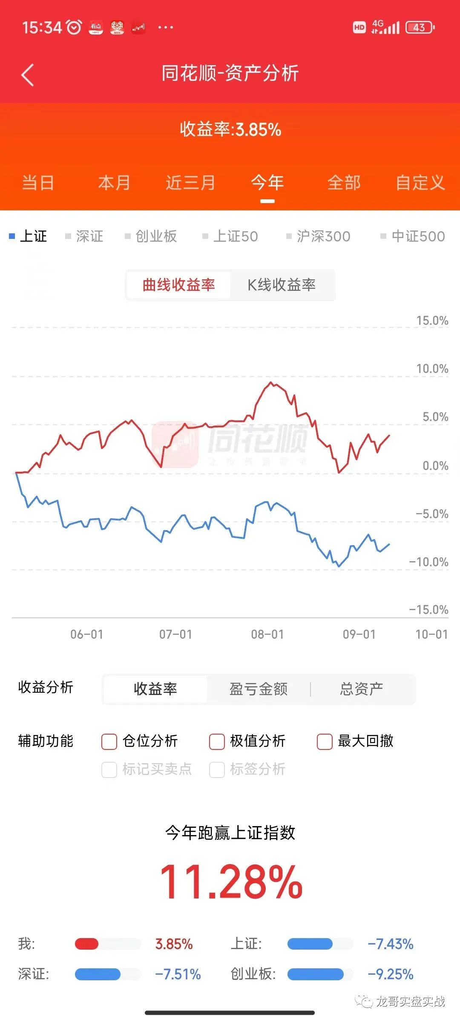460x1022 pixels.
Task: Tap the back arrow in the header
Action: point(27,75)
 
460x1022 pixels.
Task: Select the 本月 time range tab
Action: point(114,183)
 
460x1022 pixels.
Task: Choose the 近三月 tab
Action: point(190,183)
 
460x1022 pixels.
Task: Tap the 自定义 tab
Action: point(420,183)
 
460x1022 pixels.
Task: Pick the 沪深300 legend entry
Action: point(319,236)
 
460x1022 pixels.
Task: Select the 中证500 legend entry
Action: point(413,236)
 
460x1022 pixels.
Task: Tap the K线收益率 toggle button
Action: point(282,285)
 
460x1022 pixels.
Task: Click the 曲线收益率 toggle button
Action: point(179,285)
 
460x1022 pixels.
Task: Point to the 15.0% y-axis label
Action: point(432,321)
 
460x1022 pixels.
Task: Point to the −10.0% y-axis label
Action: point(429,562)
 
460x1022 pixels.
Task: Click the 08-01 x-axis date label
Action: point(267,634)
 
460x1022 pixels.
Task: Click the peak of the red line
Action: point(270,382)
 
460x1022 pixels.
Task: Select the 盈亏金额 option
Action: point(259,689)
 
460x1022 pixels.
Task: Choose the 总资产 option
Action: point(362,689)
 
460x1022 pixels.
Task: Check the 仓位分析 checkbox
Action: point(109,741)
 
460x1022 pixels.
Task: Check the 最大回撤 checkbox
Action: point(325,741)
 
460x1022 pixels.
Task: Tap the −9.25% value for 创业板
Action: point(391,974)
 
